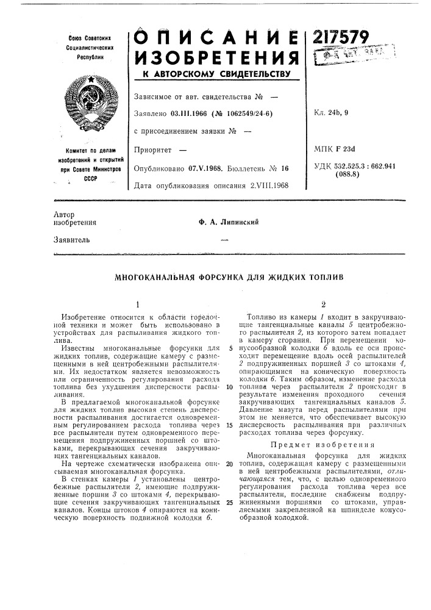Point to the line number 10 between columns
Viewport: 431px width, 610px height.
tap(227, 387)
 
